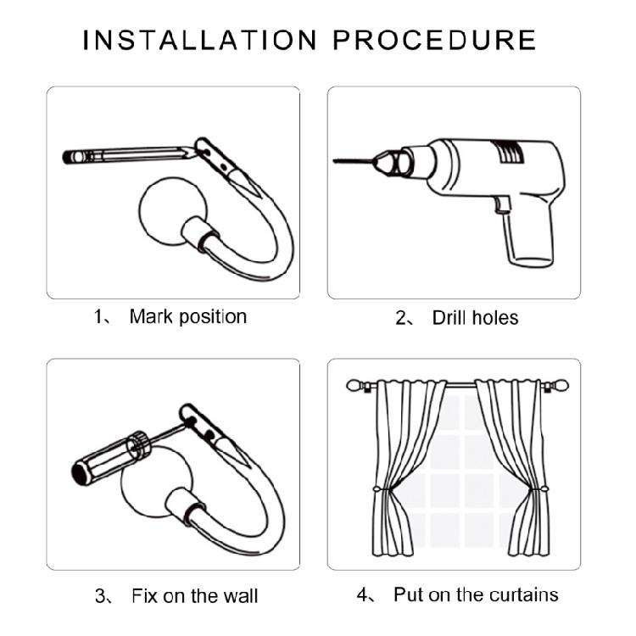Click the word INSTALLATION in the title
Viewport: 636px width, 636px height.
click(199, 40)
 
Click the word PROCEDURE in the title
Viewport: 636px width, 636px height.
click(435, 40)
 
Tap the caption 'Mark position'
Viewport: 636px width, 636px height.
click(187, 317)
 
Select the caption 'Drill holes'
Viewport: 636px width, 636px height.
click(475, 318)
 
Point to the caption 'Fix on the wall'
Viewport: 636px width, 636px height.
click(195, 596)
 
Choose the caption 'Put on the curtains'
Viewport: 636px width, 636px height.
click(476, 595)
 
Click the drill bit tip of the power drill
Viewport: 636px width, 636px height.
click(333, 161)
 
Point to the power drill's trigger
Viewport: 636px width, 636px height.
click(502, 204)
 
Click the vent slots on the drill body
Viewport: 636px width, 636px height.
click(506, 151)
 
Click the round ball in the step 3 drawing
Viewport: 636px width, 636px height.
click(154, 483)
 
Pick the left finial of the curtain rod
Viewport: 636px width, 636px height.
click(355, 385)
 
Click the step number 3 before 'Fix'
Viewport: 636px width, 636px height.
click(100, 596)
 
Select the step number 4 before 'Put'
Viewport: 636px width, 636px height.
click(362, 595)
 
